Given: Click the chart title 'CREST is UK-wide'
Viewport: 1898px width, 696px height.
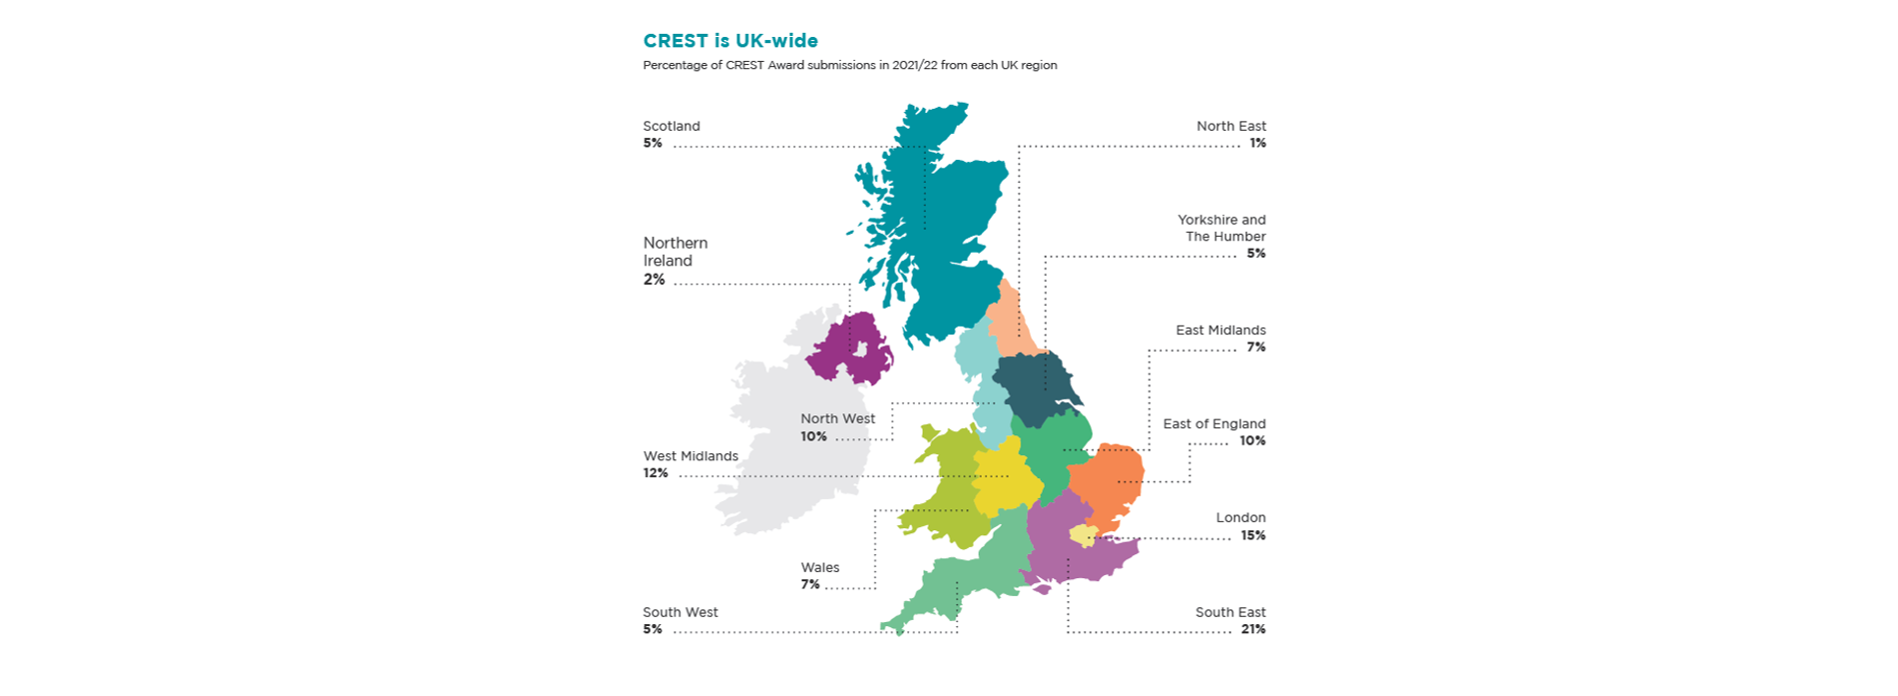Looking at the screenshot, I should [x=729, y=41].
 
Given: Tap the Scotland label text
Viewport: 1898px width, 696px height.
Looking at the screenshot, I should [x=671, y=126].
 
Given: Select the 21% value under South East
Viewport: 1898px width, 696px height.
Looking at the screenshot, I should [x=1253, y=629].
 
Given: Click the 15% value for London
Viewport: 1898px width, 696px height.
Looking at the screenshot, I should [x=1253, y=535].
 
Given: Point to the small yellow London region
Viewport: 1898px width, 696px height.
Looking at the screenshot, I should [x=1083, y=536].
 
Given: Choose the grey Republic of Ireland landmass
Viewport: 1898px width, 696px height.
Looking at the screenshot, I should [x=788, y=439].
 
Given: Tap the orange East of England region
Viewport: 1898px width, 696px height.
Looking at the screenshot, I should [x=1113, y=479].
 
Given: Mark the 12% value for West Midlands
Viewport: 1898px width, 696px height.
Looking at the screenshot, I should [x=655, y=473].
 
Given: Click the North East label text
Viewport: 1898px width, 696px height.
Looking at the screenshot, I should [x=1230, y=126].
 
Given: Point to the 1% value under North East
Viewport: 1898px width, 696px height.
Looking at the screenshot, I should [x=1257, y=143].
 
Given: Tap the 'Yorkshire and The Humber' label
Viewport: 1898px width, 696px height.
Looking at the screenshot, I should [x=1221, y=228].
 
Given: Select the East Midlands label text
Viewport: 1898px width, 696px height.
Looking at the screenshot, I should [x=1219, y=330].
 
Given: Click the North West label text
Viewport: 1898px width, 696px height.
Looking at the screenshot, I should [x=837, y=418].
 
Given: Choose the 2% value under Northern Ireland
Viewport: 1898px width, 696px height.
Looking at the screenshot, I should [x=654, y=280].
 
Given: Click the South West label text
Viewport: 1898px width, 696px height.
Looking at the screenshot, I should [x=680, y=612].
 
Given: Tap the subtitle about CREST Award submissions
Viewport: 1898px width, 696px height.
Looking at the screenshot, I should [x=849, y=65].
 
